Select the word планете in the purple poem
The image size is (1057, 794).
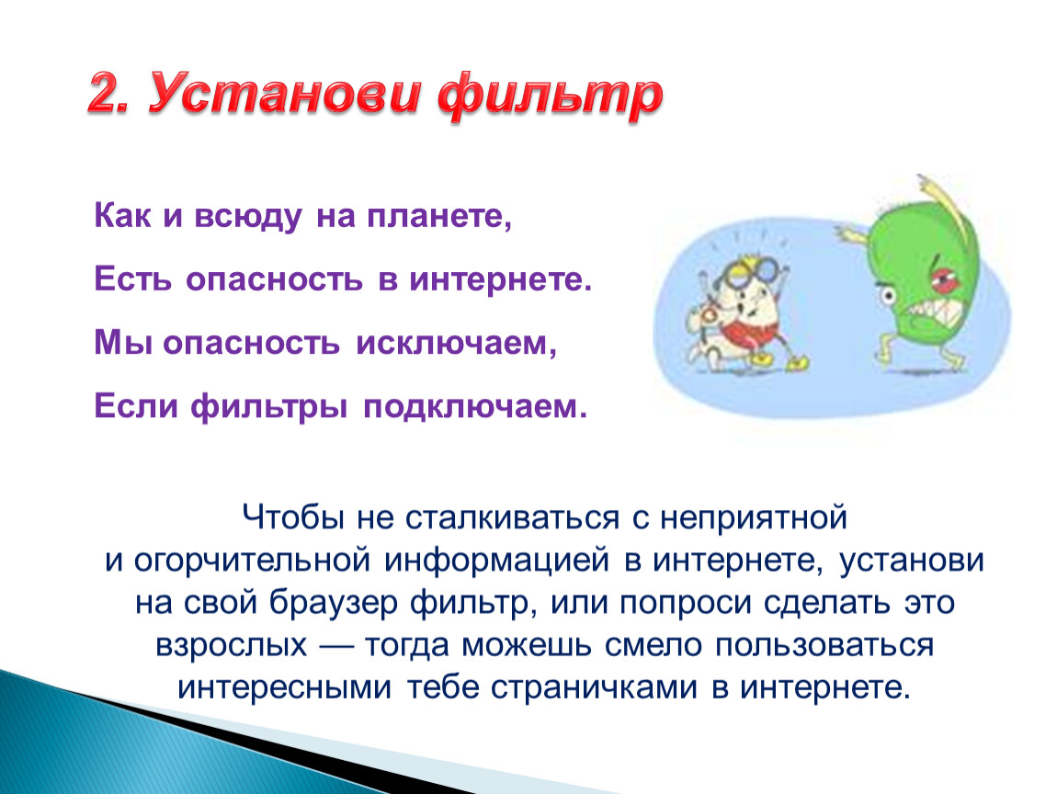[x=439, y=216]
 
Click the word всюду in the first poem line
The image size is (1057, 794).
[x=248, y=217]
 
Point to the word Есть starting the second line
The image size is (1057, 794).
[x=132, y=279]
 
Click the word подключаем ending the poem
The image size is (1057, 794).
[x=475, y=406]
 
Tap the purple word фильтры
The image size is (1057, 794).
[x=269, y=406]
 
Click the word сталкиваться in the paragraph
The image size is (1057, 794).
[x=512, y=517]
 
